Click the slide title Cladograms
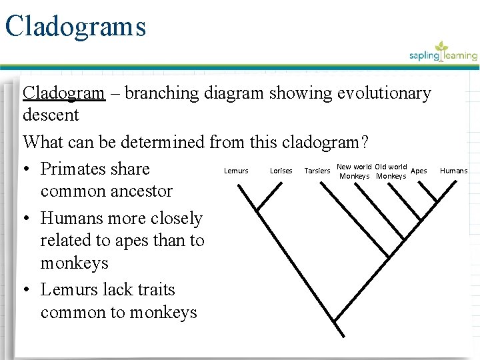coord(75,27)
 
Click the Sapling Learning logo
coord(443,53)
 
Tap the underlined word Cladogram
coord(64,93)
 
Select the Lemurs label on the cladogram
coord(236,171)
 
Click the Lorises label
coord(281,171)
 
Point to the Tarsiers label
coord(317,171)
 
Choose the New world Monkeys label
coord(354,171)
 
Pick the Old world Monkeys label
coord(391,171)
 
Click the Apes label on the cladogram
coord(419,171)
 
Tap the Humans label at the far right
coord(454,171)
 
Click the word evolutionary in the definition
coord(383,93)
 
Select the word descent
coord(51,115)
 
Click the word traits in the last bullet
coord(155,289)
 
